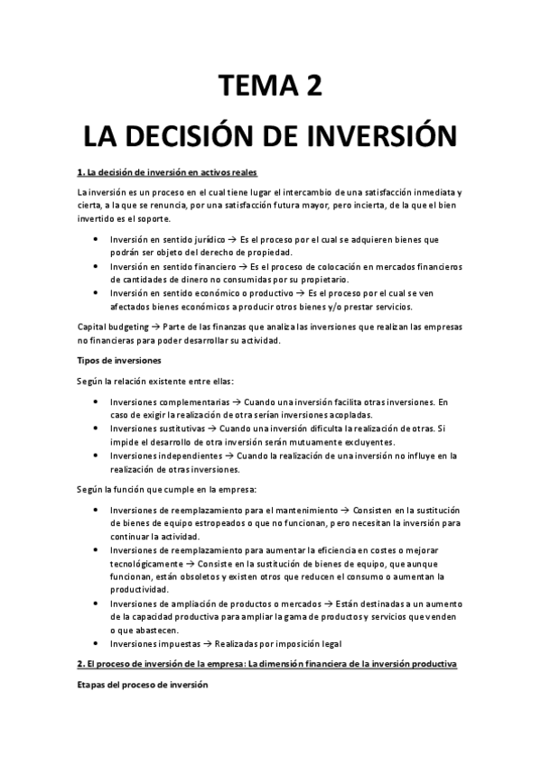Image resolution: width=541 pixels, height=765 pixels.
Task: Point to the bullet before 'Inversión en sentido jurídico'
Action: pos(97,240)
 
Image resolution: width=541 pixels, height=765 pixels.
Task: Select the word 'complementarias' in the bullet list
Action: pos(187,402)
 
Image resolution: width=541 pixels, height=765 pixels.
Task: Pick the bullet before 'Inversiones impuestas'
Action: pos(97,643)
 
